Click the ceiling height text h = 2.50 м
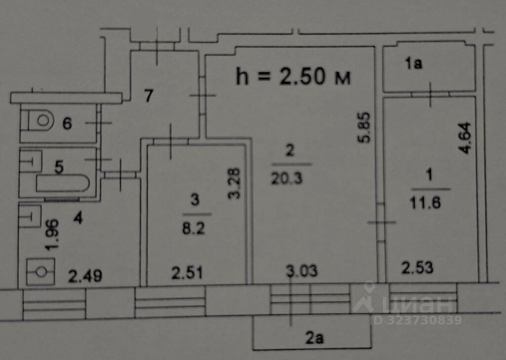[x=294, y=77]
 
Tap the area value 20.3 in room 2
[x=290, y=178]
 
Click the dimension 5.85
[x=365, y=128]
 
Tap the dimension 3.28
[x=236, y=184]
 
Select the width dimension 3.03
[x=301, y=271]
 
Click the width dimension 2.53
[x=418, y=268]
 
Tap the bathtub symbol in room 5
[x=62, y=185]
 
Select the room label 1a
[x=413, y=63]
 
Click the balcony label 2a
[x=314, y=339]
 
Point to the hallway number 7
[x=148, y=95]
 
